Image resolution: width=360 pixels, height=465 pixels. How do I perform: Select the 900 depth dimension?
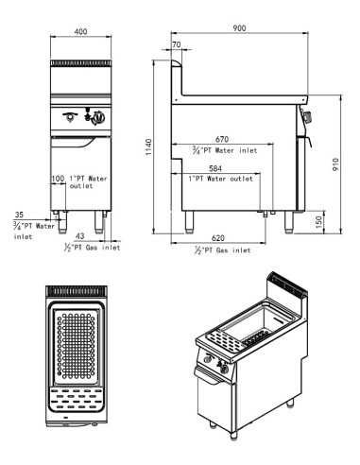(x=239, y=28)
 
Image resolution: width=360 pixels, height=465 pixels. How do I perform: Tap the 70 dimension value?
(x=177, y=45)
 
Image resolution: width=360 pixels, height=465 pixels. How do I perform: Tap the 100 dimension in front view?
(x=59, y=178)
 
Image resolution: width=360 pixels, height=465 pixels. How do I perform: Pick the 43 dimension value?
(x=79, y=236)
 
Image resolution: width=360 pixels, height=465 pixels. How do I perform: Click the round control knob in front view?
(x=94, y=118)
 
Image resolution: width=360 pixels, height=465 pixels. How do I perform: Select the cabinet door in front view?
(x=82, y=170)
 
